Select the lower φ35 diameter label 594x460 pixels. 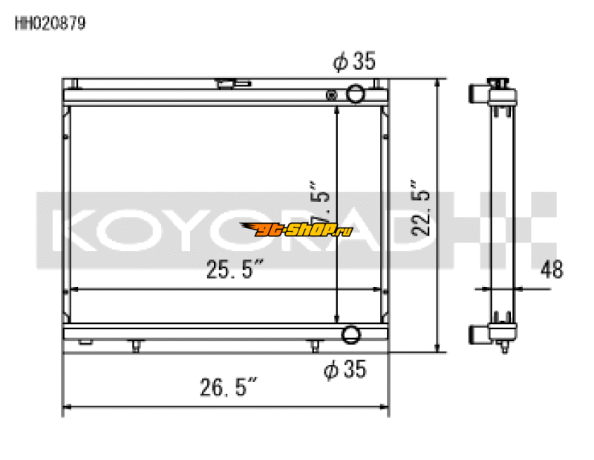pos(345,369)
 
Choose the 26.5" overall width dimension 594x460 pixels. pos(227,388)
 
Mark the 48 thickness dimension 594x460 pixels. pos(552,268)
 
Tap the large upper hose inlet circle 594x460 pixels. pos(356,94)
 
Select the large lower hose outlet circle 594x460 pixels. pos(351,334)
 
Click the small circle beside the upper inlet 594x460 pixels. pos(332,94)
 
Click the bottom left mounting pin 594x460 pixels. pos(136,345)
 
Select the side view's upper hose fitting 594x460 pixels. pos(478,94)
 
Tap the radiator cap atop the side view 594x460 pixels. pos(498,82)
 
